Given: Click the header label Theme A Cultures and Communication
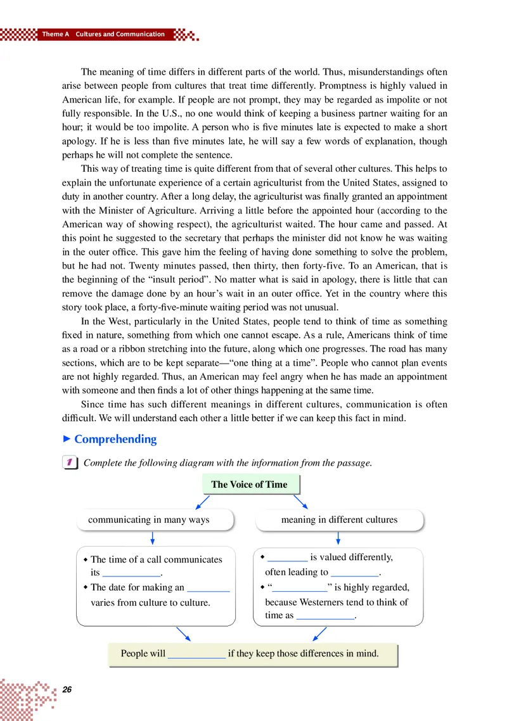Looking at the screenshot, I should [103, 34].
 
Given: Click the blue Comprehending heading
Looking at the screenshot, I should [115, 439].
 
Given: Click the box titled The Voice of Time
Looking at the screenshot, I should [249, 485].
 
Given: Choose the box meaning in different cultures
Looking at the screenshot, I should [339, 520].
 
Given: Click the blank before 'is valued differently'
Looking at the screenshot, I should [287, 558].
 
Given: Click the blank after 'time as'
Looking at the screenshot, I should [325, 615].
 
